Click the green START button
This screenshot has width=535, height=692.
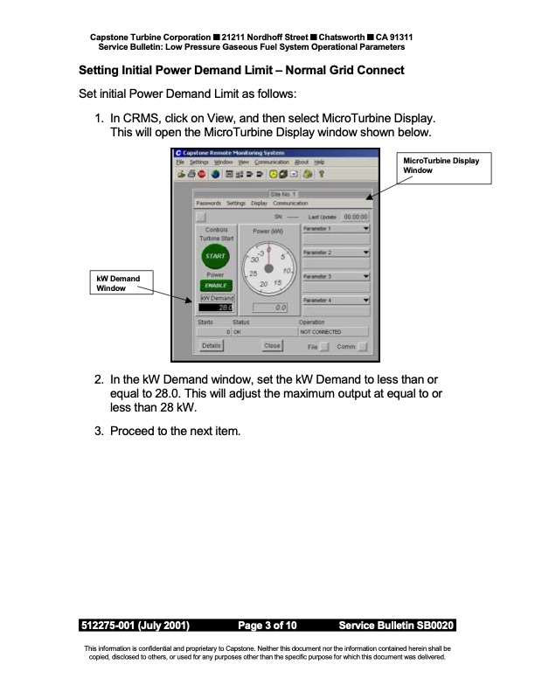tap(214, 257)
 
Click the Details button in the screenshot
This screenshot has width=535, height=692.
tap(211, 345)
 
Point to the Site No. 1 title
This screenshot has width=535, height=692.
tap(284, 193)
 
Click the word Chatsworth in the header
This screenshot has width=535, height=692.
tap(349, 37)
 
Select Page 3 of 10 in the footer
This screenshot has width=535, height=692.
tap(267, 626)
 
